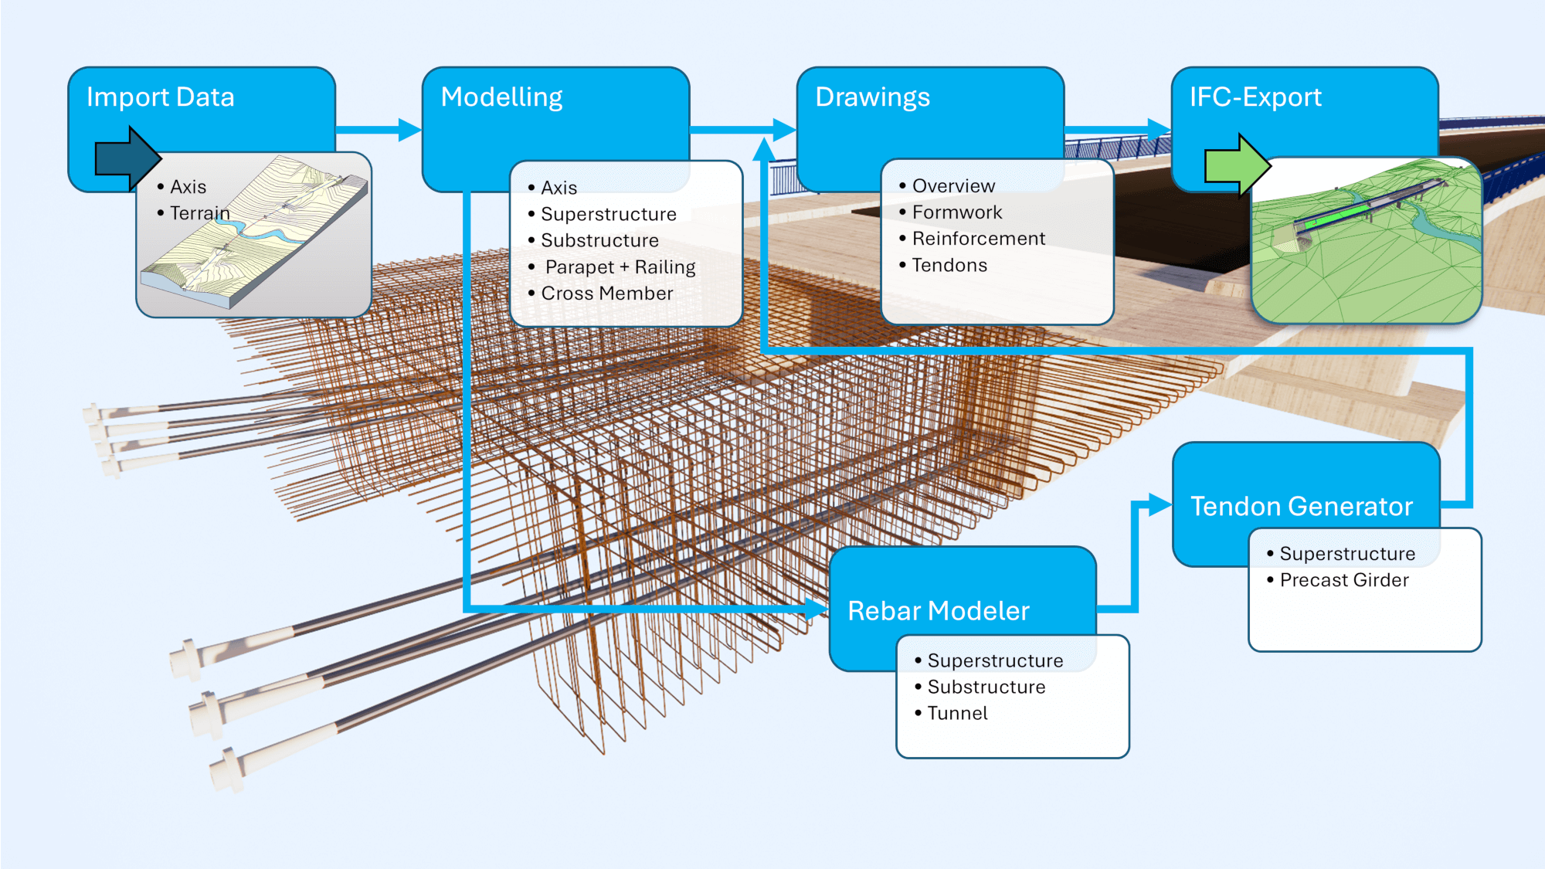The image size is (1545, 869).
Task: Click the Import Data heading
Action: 160,97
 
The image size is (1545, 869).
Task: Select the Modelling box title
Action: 501,97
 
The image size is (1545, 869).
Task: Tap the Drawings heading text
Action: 872,97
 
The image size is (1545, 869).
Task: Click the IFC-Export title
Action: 1255,97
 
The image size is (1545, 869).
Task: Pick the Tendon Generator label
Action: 1302,507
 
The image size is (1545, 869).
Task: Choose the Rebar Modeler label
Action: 939,611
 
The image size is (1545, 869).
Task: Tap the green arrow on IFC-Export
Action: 1237,165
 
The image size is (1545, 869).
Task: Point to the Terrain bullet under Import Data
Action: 199,213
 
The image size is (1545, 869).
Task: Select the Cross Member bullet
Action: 606,294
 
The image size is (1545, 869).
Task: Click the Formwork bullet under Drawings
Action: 956,212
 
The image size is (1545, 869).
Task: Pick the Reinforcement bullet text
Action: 978,239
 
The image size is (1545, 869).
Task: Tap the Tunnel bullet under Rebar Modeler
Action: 957,714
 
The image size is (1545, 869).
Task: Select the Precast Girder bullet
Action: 1343,580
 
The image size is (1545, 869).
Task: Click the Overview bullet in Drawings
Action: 953,186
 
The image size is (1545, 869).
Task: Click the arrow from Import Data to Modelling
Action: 379,129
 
